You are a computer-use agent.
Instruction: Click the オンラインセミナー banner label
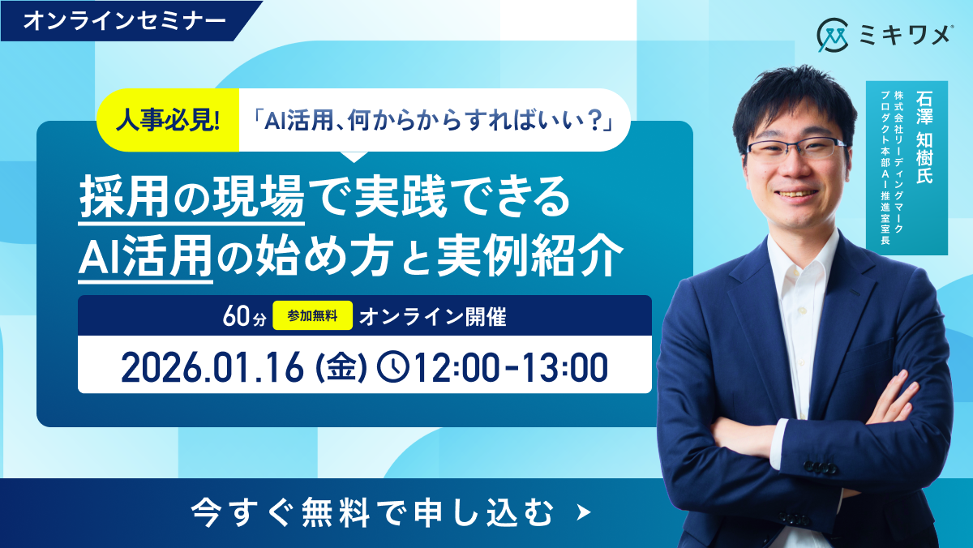tap(125, 21)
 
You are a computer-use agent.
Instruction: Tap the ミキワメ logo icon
tap(832, 35)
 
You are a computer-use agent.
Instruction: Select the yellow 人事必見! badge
tap(168, 120)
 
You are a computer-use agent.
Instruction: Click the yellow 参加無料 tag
tap(312, 315)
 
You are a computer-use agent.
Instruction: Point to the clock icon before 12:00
tap(393, 367)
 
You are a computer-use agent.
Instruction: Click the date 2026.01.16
tap(212, 367)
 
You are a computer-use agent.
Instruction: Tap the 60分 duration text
tap(244, 316)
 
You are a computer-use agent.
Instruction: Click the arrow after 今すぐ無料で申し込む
tap(584, 512)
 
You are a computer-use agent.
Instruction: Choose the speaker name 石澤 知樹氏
tap(924, 137)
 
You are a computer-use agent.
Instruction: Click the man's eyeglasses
tap(795, 149)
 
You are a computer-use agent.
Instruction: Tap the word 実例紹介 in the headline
tap(530, 256)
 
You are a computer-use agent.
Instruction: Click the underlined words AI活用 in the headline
tap(145, 256)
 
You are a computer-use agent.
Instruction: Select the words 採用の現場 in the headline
tap(191, 197)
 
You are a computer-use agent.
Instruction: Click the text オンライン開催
tap(433, 316)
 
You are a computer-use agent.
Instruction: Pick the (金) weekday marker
tap(341, 367)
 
